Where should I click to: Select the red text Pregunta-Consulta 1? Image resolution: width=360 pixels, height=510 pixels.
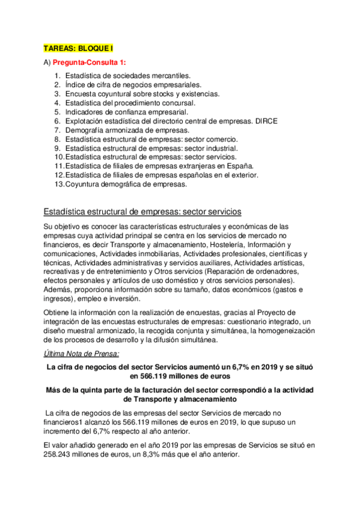tap(90, 62)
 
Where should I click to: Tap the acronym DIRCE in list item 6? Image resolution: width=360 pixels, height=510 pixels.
tap(266, 121)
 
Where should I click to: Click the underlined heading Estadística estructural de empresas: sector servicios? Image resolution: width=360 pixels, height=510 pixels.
tap(142, 212)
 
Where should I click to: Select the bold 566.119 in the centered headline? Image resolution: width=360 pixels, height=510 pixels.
tap(156, 376)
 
